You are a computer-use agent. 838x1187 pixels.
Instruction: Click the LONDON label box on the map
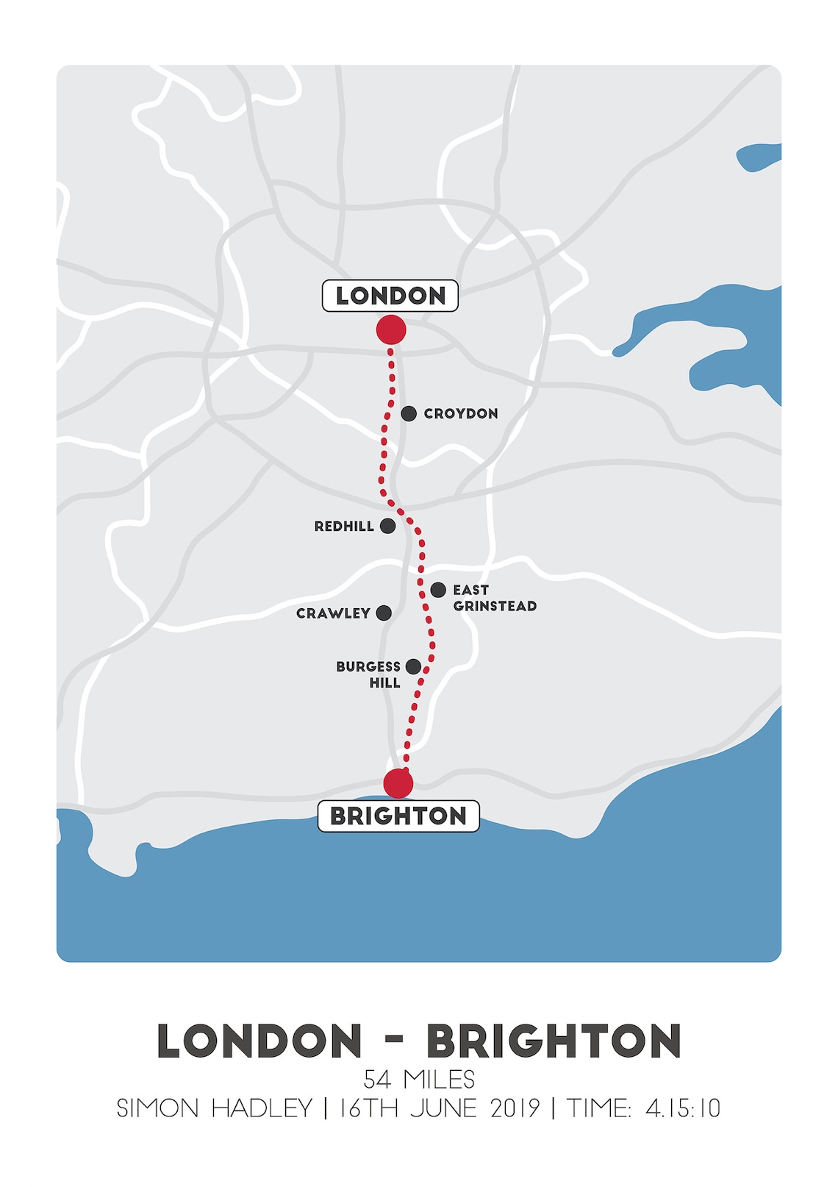[x=390, y=296]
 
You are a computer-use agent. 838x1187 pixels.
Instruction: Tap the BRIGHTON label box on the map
[x=398, y=816]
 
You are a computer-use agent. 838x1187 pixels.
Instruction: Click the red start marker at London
[x=391, y=330]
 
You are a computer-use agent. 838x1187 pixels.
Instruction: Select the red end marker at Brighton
[x=398, y=783]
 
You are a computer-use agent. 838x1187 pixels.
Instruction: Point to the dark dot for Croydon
[x=409, y=413]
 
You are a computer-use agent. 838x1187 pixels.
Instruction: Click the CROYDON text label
[x=461, y=414]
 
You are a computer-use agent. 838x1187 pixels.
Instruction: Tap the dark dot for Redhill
[x=387, y=526]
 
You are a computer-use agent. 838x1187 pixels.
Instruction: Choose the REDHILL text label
[x=344, y=527]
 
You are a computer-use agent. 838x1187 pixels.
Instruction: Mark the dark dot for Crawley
[x=384, y=613]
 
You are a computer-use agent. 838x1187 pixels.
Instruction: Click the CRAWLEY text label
[x=333, y=613]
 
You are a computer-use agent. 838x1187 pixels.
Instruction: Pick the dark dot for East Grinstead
[x=438, y=590]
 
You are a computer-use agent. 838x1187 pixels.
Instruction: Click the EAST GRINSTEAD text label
[x=494, y=598]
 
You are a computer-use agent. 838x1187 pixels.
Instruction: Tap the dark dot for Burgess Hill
[x=414, y=666]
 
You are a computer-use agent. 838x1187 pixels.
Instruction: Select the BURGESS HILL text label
[x=369, y=674]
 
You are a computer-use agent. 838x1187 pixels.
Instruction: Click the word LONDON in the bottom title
[x=260, y=1041]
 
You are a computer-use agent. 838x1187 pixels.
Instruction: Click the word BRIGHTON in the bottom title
[x=554, y=1041]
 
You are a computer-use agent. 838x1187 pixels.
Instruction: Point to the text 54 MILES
[x=419, y=1080]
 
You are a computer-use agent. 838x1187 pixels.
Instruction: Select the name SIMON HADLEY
[x=215, y=1108]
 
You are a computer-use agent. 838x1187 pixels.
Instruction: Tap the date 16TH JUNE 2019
[x=439, y=1108]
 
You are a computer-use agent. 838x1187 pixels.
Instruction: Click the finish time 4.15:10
[x=683, y=1108]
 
